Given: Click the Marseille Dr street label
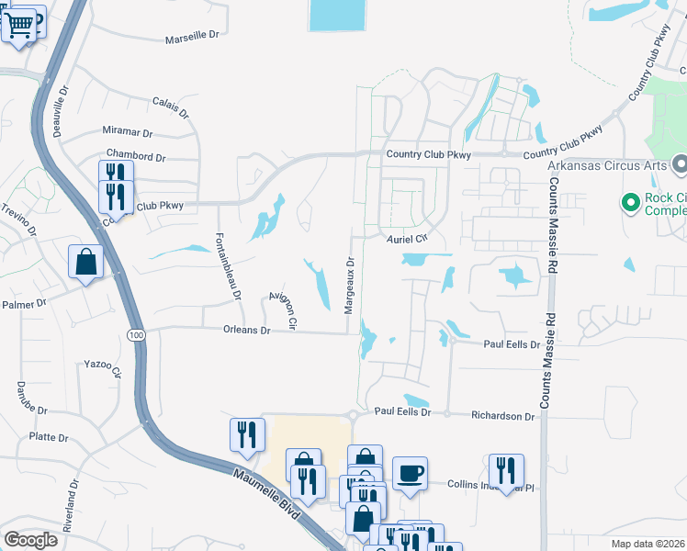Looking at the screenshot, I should [x=193, y=39].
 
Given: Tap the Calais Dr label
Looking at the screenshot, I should [x=170, y=107].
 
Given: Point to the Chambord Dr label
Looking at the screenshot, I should [x=135, y=156].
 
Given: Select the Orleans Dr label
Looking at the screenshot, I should [x=246, y=330].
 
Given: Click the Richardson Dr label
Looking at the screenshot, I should [x=502, y=416].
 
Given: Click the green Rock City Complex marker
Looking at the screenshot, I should [x=630, y=202].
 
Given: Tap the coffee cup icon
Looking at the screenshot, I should [x=410, y=473].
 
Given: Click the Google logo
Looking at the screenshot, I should [x=30, y=540].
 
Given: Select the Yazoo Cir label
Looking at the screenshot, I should [x=102, y=367].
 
